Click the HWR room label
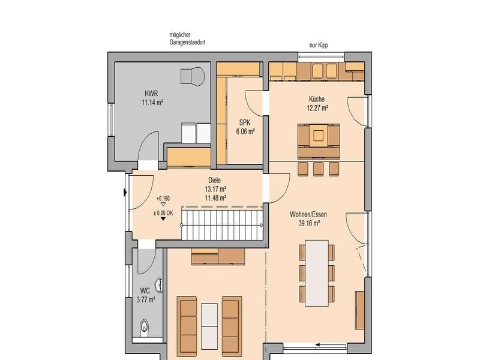(x=152, y=94)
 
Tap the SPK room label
(x=245, y=123)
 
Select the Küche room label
(x=317, y=99)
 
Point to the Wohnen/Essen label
(x=308, y=214)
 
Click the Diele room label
(x=215, y=181)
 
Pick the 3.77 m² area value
(x=146, y=299)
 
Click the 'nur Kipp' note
(x=319, y=46)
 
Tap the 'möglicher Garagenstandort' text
(x=187, y=38)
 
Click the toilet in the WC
(x=144, y=326)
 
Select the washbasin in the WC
(x=159, y=286)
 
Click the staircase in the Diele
(x=222, y=223)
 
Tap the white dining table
(x=317, y=273)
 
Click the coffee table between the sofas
(x=209, y=326)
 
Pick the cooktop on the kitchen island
(x=319, y=134)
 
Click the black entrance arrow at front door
(x=125, y=193)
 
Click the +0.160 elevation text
(x=163, y=199)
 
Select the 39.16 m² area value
(x=309, y=223)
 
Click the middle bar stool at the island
(x=318, y=169)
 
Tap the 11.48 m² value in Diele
(x=215, y=198)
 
